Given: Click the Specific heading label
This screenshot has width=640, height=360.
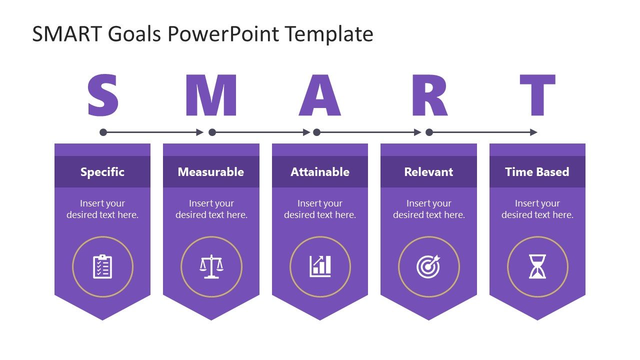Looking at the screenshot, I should point(102,172).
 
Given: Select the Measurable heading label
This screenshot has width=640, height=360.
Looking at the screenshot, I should point(211,172).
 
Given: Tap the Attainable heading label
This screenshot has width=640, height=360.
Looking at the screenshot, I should point(320,172).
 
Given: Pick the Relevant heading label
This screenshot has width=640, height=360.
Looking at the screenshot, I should point(428,172).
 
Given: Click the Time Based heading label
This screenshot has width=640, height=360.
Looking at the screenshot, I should point(537,172).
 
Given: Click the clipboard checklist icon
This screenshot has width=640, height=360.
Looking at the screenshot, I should point(102,266).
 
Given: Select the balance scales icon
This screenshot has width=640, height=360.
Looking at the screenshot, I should point(211,266).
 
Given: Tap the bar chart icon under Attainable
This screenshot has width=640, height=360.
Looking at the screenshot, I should point(320,266).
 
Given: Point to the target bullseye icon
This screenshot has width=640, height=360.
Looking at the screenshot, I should point(428,266).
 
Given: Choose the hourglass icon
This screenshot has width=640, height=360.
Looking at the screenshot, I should point(537,266).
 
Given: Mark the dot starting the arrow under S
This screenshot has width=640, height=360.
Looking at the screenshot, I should point(103,132).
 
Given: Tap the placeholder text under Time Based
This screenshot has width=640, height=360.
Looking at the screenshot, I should point(537,209).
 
